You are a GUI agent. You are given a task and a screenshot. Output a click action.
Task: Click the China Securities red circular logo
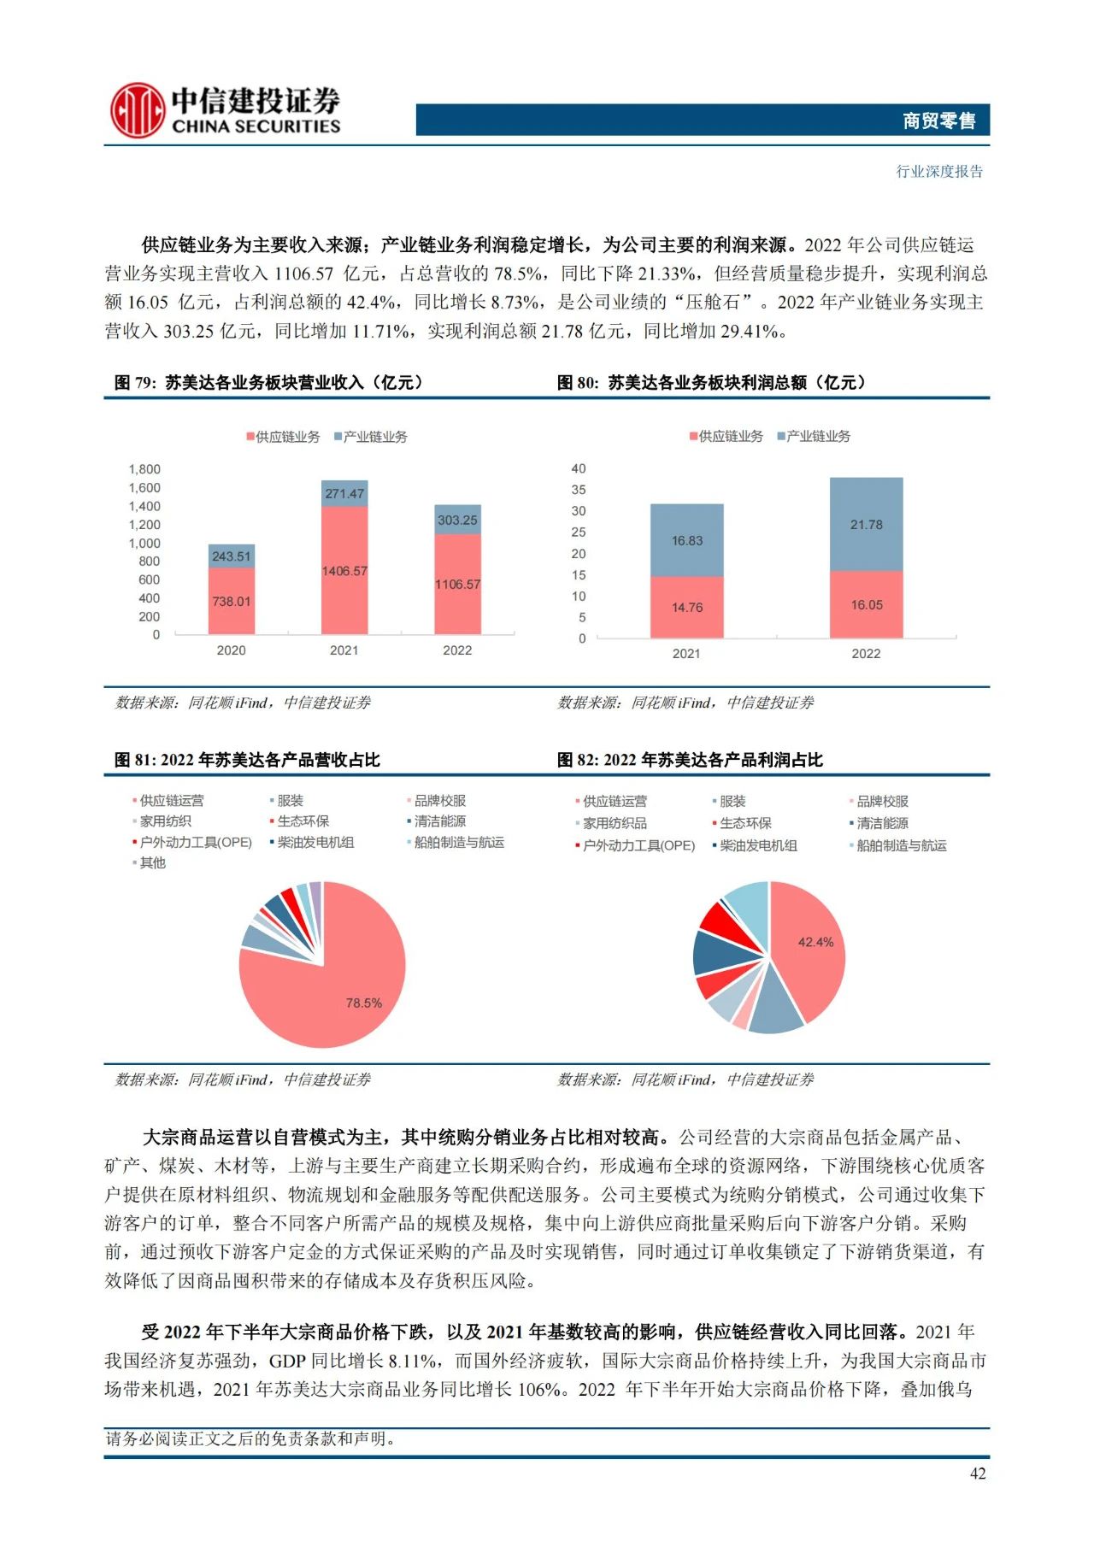coord(137,110)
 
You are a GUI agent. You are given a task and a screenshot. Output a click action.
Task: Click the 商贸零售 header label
coord(938,121)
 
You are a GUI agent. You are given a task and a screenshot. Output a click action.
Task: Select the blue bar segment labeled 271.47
coord(344,493)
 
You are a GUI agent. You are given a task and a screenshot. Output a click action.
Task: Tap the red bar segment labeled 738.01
coord(232,601)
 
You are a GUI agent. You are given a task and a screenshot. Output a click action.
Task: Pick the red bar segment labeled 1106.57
coord(457,585)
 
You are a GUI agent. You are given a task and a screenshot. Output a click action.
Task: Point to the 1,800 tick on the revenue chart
coord(144,469)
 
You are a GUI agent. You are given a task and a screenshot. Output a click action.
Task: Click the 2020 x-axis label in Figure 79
coord(231,650)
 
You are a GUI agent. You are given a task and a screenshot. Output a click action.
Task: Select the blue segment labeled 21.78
coord(866,524)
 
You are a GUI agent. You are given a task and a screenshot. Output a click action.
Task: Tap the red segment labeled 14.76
coord(686,608)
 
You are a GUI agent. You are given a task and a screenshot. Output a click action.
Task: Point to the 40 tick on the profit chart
coord(579,468)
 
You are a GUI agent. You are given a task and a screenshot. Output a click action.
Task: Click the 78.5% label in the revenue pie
coord(363,1003)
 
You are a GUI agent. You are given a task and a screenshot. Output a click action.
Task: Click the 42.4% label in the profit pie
coord(815,942)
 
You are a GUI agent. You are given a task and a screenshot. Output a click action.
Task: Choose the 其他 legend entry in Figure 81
coord(152,863)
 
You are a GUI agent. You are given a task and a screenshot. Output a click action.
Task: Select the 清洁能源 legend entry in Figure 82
coord(882,823)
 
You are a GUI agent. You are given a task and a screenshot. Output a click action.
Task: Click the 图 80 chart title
coord(711,383)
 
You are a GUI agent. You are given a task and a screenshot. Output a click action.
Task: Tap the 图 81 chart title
coord(247,760)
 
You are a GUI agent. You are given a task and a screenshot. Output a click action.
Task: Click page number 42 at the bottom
coord(978,1473)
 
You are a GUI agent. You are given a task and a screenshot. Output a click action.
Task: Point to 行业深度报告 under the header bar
coord(939,172)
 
